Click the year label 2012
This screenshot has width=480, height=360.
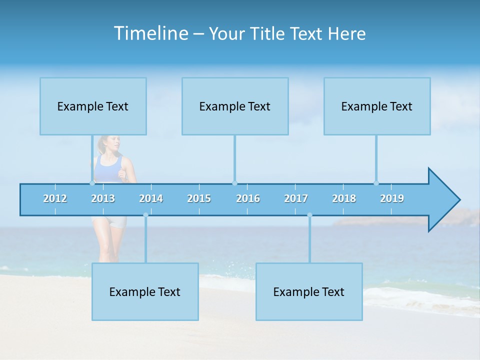click(x=55, y=198)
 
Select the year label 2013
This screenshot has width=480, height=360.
click(x=103, y=198)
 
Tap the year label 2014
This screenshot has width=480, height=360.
click(x=151, y=198)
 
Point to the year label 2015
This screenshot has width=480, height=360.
click(x=199, y=198)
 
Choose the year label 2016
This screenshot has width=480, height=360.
click(x=248, y=198)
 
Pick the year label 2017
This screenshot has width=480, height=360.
click(x=296, y=198)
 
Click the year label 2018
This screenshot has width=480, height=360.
click(x=344, y=198)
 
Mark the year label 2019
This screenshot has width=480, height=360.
click(x=392, y=198)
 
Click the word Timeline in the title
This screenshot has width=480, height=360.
click(x=150, y=33)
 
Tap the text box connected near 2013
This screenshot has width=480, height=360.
click(x=93, y=106)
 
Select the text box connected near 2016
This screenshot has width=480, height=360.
click(x=235, y=106)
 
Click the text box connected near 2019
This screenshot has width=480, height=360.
click(x=377, y=106)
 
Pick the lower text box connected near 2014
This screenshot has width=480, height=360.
click(x=145, y=291)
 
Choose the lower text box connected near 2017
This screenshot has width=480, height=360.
click(x=309, y=291)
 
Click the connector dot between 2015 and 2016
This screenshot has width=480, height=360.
click(x=234, y=183)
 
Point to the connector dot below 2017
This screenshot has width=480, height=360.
click(x=309, y=215)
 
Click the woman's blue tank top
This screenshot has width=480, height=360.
click(x=108, y=170)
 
